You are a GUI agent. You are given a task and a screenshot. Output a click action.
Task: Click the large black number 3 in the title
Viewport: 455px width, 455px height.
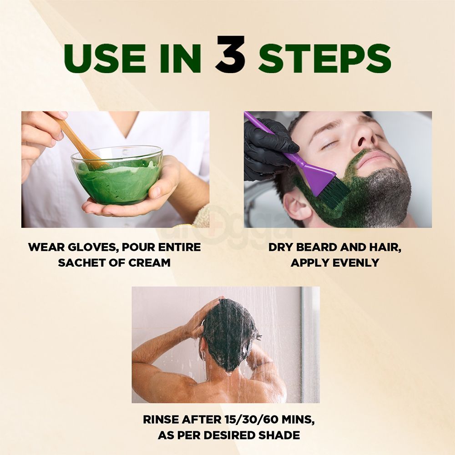(230, 55)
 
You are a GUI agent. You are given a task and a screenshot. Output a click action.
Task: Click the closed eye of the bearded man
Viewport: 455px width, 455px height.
(329, 145)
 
